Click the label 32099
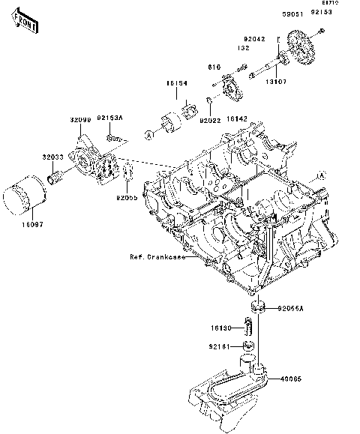coord(82,120)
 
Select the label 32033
coord(52,157)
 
